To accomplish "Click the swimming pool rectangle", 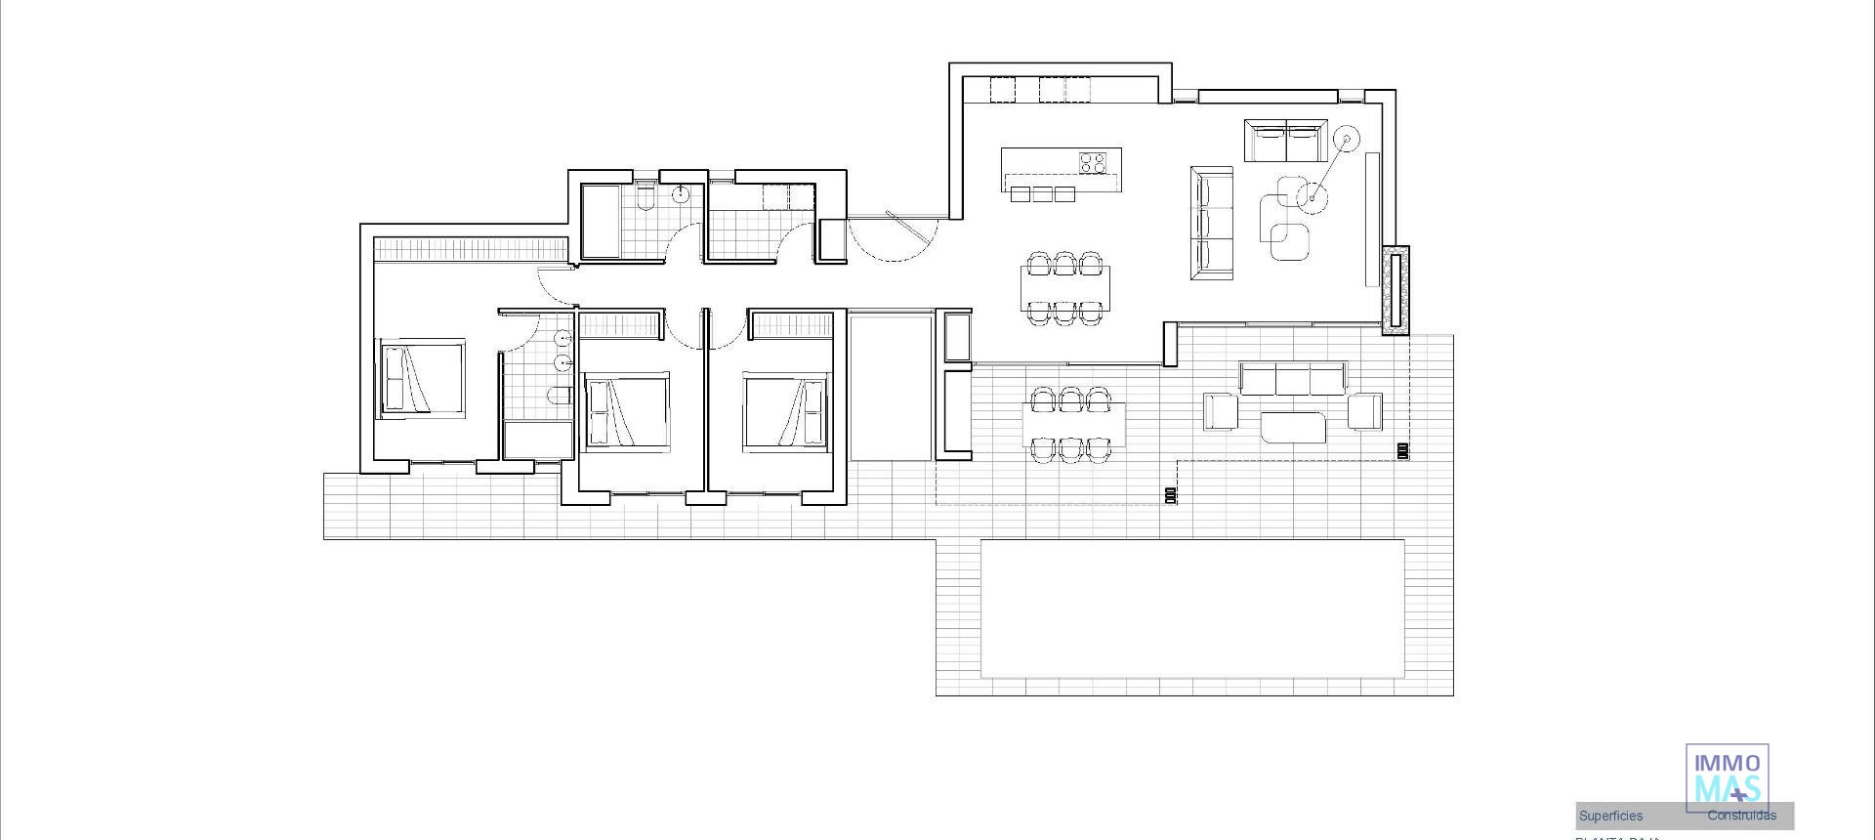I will pyautogui.click(x=1191, y=608).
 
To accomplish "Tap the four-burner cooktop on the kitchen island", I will pyautogui.click(x=1093, y=163).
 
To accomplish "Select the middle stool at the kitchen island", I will pyautogui.click(x=1042, y=194).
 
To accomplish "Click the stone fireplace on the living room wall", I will pyautogui.click(x=1396, y=289).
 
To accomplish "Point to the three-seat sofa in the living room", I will pyautogui.click(x=1212, y=223).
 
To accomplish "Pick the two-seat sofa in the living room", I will pyautogui.click(x=1286, y=142).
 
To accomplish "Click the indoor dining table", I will pyautogui.click(x=1064, y=287).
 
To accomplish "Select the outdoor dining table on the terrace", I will pyautogui.click(x=1072, y=424).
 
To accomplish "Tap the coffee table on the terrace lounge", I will pyautogui.click(x=1292, y=427).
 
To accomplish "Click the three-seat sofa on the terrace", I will pyautogui.click(x=1292, y=378).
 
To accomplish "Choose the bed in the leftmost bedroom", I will pyautogui.click(x=420, y=379).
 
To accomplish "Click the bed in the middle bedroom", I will pyautogui.click(x=626, y=411).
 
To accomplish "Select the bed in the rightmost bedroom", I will pyautogui.click(x=786, y=411).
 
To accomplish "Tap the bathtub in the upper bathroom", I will pyautogui.click(x=601, y=222).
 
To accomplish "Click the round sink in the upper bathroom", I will pyautogui.click(x=682, y=194).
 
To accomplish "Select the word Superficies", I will pyautogui.click(x=1610, y=816).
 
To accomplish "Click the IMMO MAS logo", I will pyautogui.click(x=1727, y=777).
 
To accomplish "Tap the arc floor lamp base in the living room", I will pyautogui.click(x=1312, y=198).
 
